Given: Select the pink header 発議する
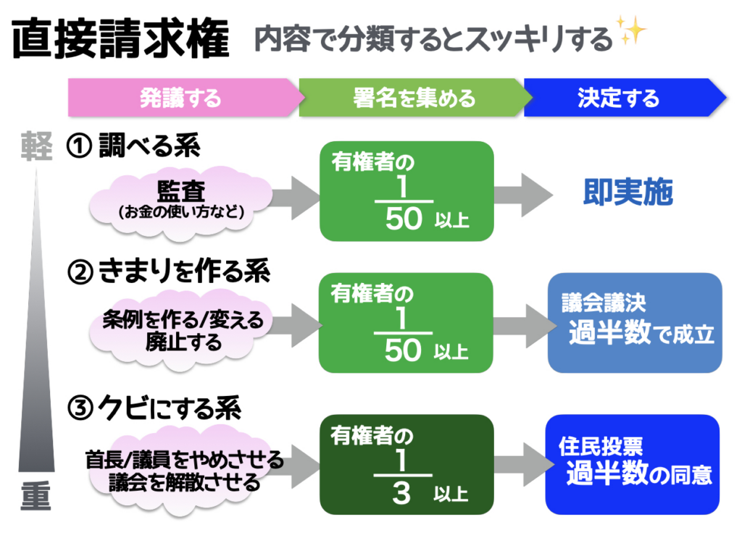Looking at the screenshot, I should pos(181,98).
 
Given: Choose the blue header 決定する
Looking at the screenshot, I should pos(620,98).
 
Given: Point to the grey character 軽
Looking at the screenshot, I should pos(36,147).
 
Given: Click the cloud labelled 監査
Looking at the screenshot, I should pos(181,198).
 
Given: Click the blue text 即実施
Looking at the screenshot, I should pos(628,193).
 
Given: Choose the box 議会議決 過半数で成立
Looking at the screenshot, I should pos(635,323).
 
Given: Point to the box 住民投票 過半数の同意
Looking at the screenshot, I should pos(633,463).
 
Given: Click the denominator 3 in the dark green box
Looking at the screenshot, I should pos(401,494).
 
